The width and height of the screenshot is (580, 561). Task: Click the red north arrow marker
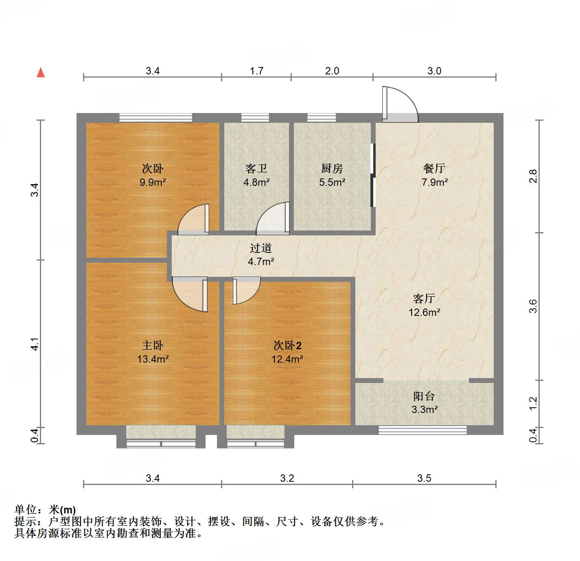pyautogui.click(x=41, y=72)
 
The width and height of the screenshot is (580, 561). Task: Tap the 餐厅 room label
pyautogui.click(x=434, y=168)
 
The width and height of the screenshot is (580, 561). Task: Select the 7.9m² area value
pyautogui.click(x=435, y=182)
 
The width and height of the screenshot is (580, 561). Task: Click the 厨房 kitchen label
pyautogui.click(x=332, y=168)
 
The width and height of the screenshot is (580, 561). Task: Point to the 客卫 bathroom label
pyautogui.click(x=256, y=168)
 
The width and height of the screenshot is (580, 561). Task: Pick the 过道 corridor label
pyautogui.click(x=260, y=248)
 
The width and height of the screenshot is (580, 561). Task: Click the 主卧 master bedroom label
pyautogui.click(x=153, y=346)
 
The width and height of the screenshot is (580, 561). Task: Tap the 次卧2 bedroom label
pyautogui.click(x=287, y=346)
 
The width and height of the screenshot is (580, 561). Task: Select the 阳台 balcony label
pyautogui.click(x=424, y=396)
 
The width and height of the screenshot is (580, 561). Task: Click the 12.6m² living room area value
pyautogui.click(x=424, y=312)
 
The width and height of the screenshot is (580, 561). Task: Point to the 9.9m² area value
pyautogui.click(x=153, y=182)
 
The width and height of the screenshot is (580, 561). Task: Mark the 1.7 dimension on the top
pyautogui.click(x=256, y=71)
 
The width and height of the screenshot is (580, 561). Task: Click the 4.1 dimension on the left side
pyautogui.click(x=35, y=344)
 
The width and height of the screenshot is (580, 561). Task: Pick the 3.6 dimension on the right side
pyautogui.click(x=533, y=306)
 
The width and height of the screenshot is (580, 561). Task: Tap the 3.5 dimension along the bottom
pyautogui.click(x=424, y=478)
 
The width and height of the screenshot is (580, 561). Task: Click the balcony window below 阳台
pyautogui.click(x=422, y=430)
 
